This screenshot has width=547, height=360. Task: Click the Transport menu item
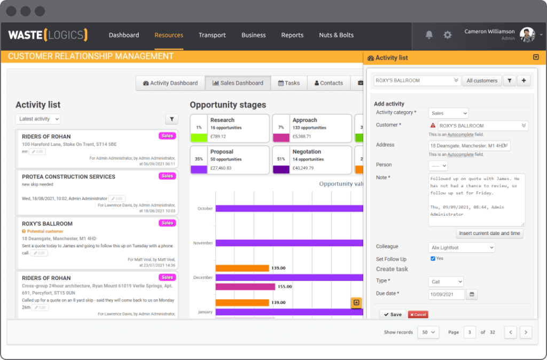(x=212, y=35)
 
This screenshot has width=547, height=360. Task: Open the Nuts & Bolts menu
(x=336, y=35)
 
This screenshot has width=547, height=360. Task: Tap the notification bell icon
(x=429, y=35)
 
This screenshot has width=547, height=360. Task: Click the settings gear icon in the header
(x=448, y=35)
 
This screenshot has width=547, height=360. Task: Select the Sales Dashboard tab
(x=238, y=83)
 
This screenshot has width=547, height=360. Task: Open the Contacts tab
(x=329, y=83)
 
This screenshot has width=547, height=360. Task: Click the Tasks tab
(x=288, y=83)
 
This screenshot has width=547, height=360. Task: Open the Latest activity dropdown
(x=38, y=119)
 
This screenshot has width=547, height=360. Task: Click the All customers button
(x=482, y=81)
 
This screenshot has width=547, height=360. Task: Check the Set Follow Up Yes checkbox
(x=433, y=259)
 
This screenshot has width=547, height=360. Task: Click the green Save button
(x=393, y=315)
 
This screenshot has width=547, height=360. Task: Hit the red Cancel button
(x=418, y=315)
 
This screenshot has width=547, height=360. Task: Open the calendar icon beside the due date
(x=472, y=294)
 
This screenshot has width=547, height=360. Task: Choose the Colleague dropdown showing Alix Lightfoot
(x=462, y=247)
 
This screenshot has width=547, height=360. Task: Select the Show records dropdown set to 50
(x=427, y=332)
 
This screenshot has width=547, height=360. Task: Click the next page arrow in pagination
(x=526, y=332)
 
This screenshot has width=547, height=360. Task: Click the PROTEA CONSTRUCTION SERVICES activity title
(x=68, y=177)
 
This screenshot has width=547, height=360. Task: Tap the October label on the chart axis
(x=205, y=208)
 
